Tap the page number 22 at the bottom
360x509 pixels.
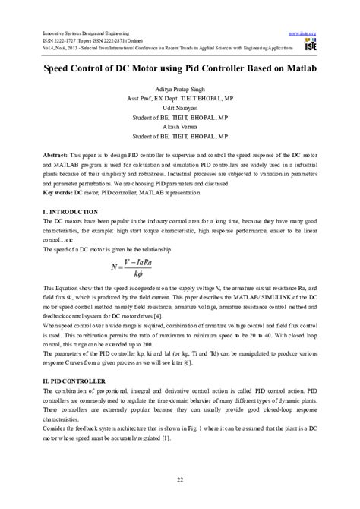tap(180, 477)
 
